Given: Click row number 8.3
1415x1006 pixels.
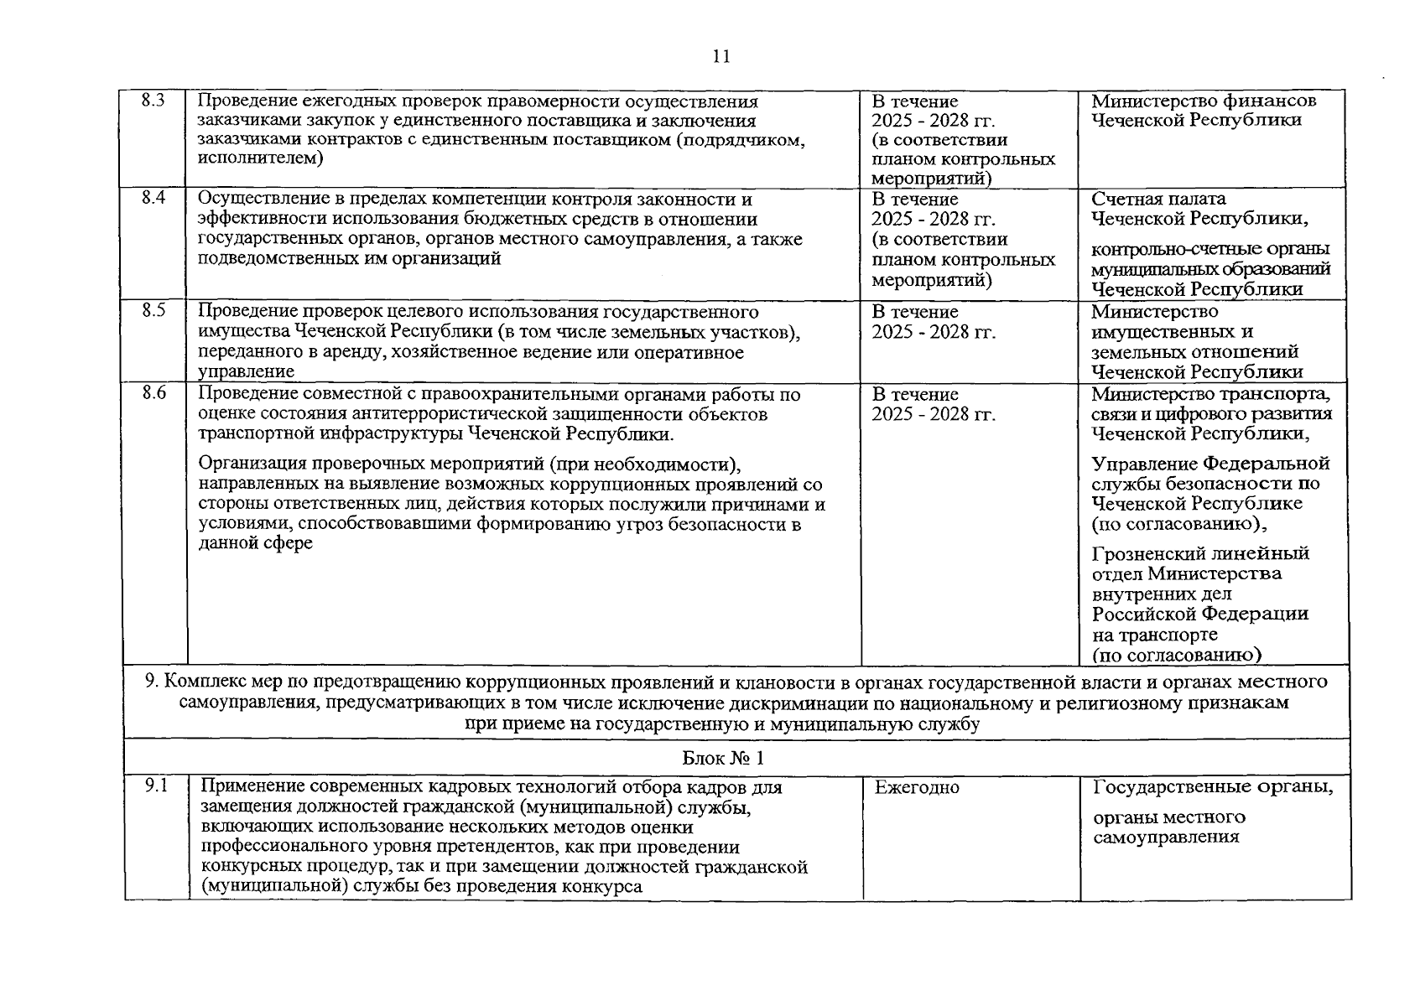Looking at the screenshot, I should [153, 101].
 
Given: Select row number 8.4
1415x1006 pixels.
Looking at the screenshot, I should [153, 199].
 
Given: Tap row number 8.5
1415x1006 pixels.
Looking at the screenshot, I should [153, 311].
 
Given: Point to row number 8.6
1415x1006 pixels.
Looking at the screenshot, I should [153, 393].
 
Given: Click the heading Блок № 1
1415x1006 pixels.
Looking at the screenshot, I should [723, 758].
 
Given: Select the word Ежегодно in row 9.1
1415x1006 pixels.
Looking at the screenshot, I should [917, 787].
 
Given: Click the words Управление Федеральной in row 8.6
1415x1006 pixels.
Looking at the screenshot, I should [1210, 464].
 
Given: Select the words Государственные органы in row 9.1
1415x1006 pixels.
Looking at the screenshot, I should [1213, 787].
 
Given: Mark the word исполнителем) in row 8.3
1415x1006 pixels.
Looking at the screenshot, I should [261, 159].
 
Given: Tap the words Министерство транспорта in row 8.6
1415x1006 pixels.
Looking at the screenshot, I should [1211, 394].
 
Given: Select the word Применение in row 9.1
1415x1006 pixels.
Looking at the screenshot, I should [252, 788].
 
